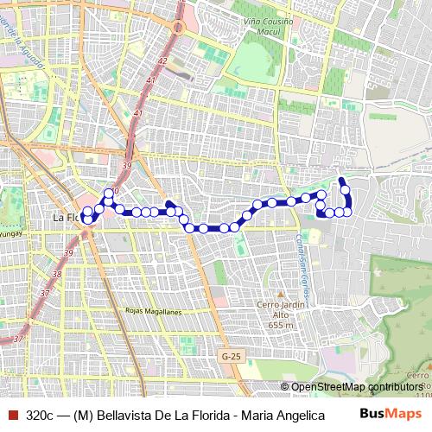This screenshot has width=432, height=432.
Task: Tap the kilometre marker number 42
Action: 162,61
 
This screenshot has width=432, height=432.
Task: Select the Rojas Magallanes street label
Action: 153,308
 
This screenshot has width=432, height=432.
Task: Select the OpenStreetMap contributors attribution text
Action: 356,387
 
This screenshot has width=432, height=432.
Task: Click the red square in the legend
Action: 12,416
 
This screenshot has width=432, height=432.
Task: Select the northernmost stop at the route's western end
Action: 108,194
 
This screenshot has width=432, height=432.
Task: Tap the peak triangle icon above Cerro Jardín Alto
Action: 270,295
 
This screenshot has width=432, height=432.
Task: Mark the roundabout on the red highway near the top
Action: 180,28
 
